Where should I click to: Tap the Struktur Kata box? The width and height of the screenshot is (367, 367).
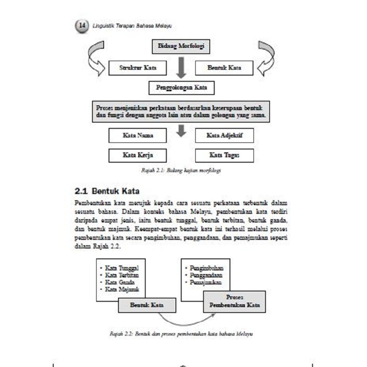[137, 68]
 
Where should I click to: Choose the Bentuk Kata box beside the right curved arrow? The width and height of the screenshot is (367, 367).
[224, 68]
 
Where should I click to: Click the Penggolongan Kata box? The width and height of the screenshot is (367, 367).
[181, 88]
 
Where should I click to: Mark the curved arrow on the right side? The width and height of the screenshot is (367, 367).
[266, 58]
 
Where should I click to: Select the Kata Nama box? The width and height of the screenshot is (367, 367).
[137, 135]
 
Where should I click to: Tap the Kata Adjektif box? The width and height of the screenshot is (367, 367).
[224, 135]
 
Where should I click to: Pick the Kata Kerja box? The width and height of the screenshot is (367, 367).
[137, 155]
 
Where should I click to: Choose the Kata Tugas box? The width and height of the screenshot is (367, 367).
[224, 155]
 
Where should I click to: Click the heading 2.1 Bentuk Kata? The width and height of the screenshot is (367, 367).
[107, 191]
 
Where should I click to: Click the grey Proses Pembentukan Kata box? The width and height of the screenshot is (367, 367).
[234, 301]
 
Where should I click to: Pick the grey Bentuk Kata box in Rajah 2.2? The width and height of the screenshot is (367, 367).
[147, 305]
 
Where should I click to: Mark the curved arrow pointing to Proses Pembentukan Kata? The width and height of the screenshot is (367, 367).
[186, 320]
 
